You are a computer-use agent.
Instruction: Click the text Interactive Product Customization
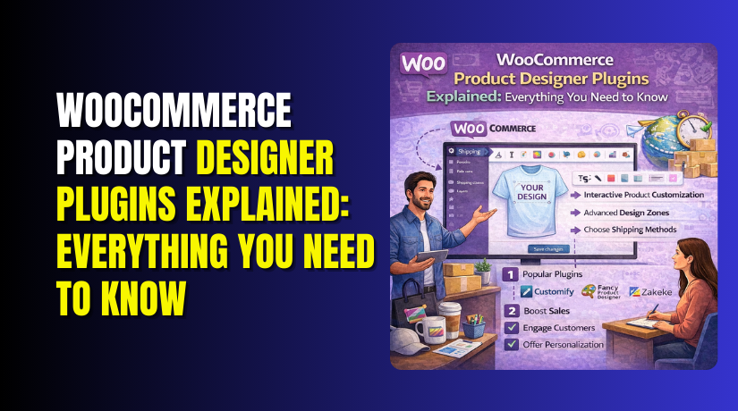tap(642, 194)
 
